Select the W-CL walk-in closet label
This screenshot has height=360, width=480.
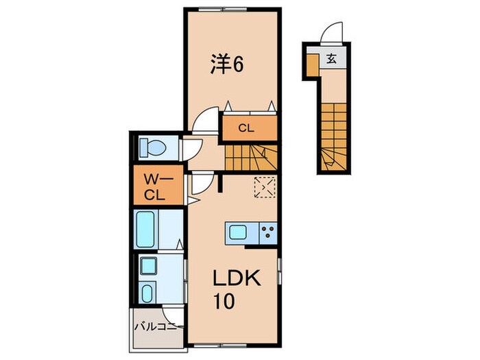click(157, 186)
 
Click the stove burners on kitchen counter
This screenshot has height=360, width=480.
click(267, 233)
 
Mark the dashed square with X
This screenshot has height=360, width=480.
click(265, 187)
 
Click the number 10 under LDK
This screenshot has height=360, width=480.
click(221, 302)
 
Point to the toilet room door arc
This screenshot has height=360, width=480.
click(191, 147)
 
